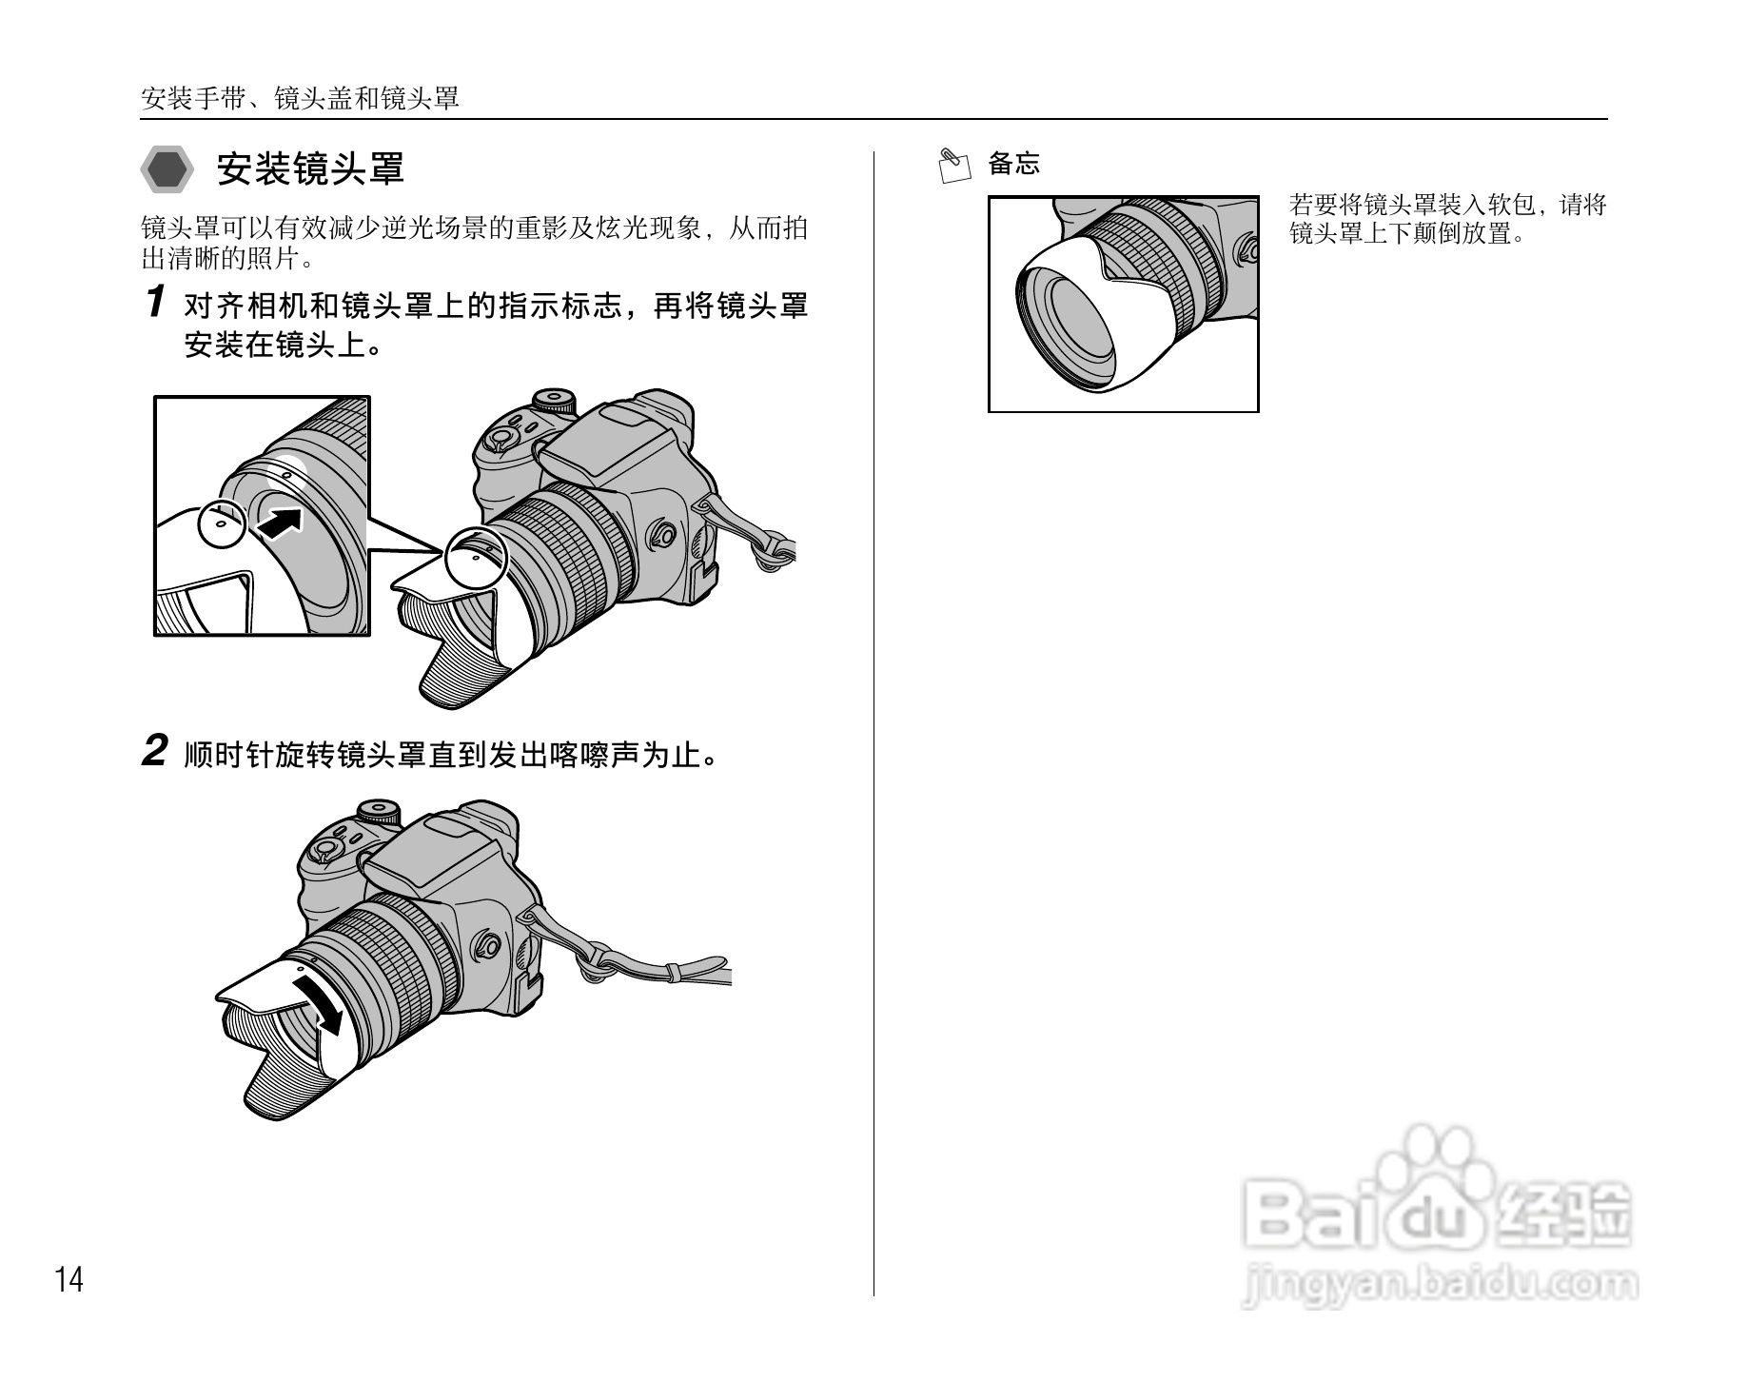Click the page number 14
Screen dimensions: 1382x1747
[69, 1280]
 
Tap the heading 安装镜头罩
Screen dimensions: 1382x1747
[311, 169]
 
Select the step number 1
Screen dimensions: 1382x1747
[155, 303]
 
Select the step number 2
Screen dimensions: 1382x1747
[155, 751]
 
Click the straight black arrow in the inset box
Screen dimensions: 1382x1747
[280, 523]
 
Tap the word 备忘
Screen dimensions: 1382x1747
[1014, 164]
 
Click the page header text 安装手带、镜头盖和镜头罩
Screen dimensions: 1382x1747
[300, 98]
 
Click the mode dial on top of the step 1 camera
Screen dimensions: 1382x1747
[555, 400]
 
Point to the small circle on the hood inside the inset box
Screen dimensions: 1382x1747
[221, 523]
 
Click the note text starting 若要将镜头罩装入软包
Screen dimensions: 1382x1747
[1446, 219]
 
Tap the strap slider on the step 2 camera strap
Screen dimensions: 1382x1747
[672, 973]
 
